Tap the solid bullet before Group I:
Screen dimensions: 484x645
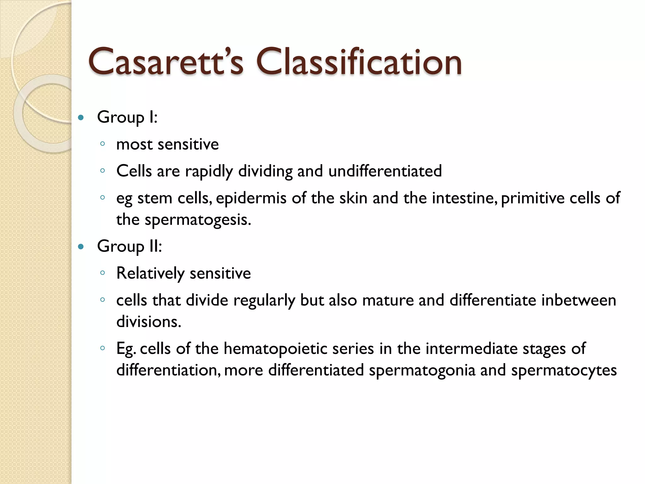[x=81, y=118]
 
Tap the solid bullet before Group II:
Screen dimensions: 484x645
[x=81, y=247]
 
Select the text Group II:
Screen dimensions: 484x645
[x=129, y=246]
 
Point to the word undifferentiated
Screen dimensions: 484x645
[x=385, y=171]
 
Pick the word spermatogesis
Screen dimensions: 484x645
[x=197, y=220]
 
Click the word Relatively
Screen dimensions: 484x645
[x=150, y=273]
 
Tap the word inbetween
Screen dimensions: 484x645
[x=579, y=300]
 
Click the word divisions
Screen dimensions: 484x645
[x=149, y=322]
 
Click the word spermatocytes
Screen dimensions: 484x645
[x=564, y=370]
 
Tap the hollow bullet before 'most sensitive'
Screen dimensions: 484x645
[x=102, y=144]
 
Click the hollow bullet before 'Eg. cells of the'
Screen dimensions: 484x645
[x=102, y=348]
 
